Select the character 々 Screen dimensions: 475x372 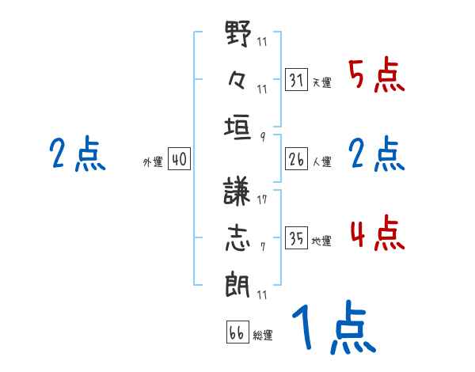pyautogui.click(x=238, y=79)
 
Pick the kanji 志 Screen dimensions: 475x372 pyautogui.click(x=238, y=237)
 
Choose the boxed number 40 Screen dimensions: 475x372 pyautogui.click(x=179, y=159)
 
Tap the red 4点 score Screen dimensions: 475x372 pyautogui.click(x=376, y=234)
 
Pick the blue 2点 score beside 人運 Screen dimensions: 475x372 pyautogui.click(x=376, y=154)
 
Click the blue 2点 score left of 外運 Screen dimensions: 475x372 pyautogui.click(x=77, y=154)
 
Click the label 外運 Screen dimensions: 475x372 pyautogui.click(x=152, y=161)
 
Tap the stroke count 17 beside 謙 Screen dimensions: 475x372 pyautogui.click(x=261, y=199)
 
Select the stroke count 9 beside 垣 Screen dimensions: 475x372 pyautogui.click(x=261, y=135)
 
